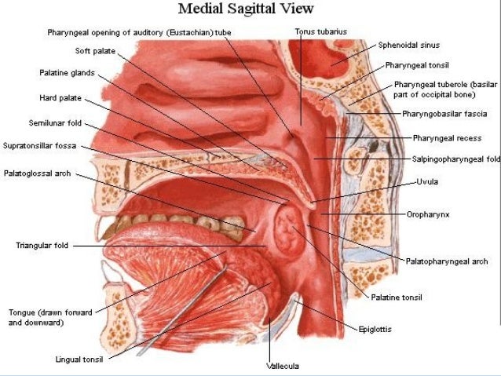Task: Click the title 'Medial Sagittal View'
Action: [246, 9]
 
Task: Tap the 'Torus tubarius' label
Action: [320, 32]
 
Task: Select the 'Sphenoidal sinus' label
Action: [410, 46]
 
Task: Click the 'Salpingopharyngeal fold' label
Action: [456, 159]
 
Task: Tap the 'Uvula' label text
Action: [428, 181]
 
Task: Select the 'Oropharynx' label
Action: [427, 214]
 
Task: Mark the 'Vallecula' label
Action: [283, 366]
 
